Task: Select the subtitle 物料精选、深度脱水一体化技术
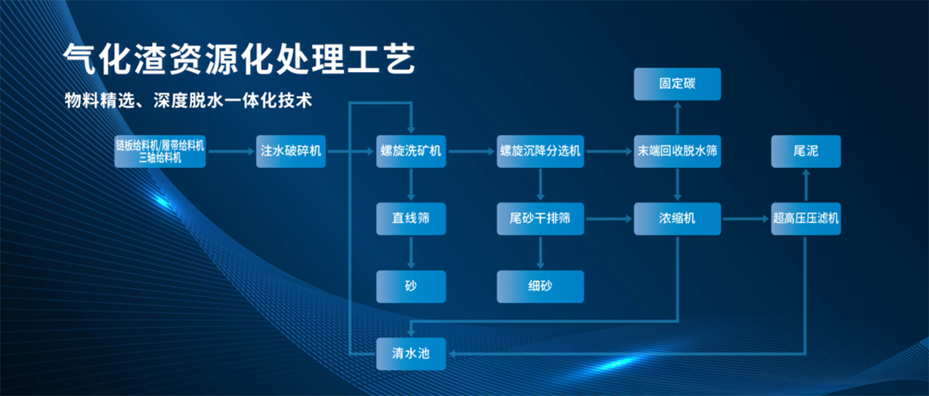click(x=188, y=100)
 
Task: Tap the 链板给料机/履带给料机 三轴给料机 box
click(x=160, y=151)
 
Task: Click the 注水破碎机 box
click(x=290, y=151)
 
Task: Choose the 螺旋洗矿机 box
click(x=411, y=151)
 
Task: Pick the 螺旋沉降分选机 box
click(x=540, y=151)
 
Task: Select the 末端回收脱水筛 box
click(x=677, y=151)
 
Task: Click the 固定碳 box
click(x=677, y=84)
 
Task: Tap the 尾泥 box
click(x=806, y=151)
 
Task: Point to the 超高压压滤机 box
click(x=806, y=218)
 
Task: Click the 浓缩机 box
click(x=677, y=218)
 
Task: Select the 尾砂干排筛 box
click(x=540, y=218)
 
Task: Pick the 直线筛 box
click(x=411, y=218)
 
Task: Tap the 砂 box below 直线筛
click(x=411, y=286)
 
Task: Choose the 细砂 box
click(x=540, y=286)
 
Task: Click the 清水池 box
click(x=411, y=354)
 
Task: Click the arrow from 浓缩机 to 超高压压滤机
click(x=746, y=218)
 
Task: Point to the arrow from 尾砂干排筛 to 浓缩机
click(x=608, y=218)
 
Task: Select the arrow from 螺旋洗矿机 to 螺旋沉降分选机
click(x=471, y=151)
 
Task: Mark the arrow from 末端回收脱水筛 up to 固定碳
click(x=677, y=117)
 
